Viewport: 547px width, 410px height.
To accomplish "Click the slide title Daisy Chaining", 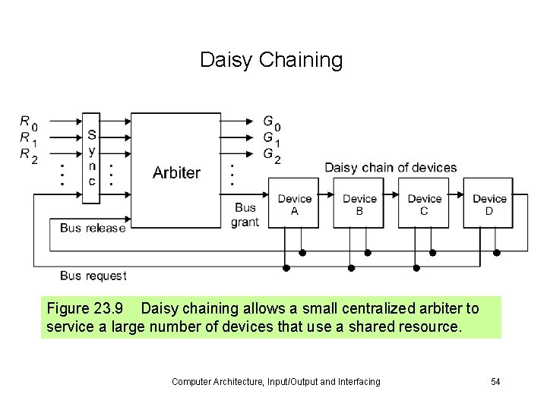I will [x=271, y=60].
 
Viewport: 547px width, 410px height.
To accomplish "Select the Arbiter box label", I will [x=176, y=172].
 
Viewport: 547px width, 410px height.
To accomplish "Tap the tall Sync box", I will [x=91, y=159].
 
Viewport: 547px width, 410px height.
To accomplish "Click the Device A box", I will [x=294, y=204].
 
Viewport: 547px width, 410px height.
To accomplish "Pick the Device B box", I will [x=359, y=204].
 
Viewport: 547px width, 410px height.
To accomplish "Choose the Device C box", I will [x=424, y=204].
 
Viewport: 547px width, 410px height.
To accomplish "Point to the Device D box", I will [x=489, y=204].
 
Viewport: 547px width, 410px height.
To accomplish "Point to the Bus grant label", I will [x=245, y=214].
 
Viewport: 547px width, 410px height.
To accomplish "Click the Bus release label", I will [x=92, y=228].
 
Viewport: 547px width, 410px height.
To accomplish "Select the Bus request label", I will [x=93, y=276].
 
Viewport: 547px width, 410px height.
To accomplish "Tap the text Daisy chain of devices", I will [x=390, y=168].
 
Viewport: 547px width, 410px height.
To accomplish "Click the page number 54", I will [x=495, y=381].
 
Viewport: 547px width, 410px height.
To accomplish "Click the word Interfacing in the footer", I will [x=357, y=381].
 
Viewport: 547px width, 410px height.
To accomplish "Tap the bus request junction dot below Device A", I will [x=286, y=267].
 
